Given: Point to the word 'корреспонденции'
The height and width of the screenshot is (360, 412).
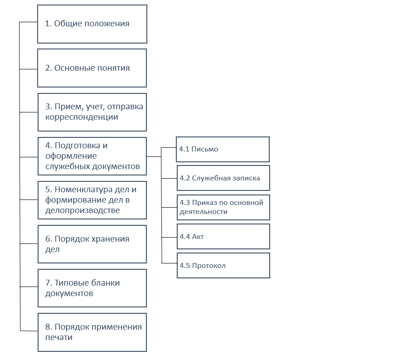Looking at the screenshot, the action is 82,117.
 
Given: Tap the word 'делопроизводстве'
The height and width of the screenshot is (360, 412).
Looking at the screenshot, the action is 82,210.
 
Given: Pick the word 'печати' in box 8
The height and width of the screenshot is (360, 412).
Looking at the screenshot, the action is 59,337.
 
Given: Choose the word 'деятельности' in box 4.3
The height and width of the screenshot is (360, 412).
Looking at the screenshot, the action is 204,212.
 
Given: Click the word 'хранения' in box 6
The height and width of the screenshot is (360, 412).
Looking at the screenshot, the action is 111,239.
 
